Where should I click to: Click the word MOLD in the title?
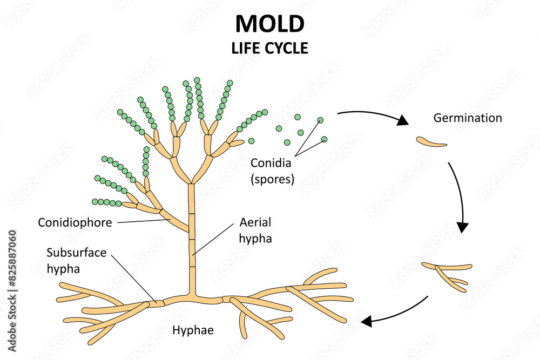click(270, 24)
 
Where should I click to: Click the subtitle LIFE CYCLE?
click(270, 48)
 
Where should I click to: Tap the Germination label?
click(468, 118)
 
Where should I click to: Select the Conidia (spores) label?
click(273, 171)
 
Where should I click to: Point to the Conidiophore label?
click(75, 222)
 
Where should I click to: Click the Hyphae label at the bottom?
click(193, 329)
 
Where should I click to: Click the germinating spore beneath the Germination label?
click(431, 142)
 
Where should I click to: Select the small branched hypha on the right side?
click(447, 272)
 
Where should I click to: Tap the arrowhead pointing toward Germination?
click(402, 121)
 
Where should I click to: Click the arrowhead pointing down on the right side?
click(463, 227)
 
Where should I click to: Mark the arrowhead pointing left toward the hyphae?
click(367, 322)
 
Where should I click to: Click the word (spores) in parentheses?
click(273, 179)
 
